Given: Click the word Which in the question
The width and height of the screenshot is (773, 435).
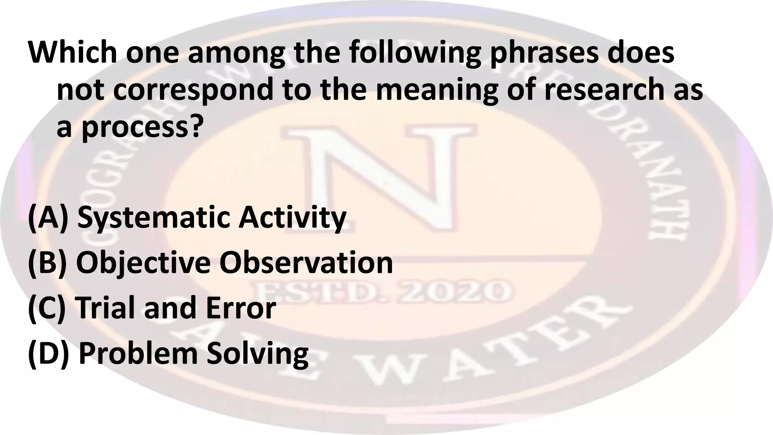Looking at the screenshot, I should click(x=72, y=52).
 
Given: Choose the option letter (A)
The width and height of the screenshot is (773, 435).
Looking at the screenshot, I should click(x=48, y=217).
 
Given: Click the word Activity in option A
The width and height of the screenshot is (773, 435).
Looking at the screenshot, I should click(x=292, y=218).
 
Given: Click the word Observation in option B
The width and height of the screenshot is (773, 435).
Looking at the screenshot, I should click(x=306, y=263).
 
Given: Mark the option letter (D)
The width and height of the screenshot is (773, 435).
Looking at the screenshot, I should click(x=49, y=353).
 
